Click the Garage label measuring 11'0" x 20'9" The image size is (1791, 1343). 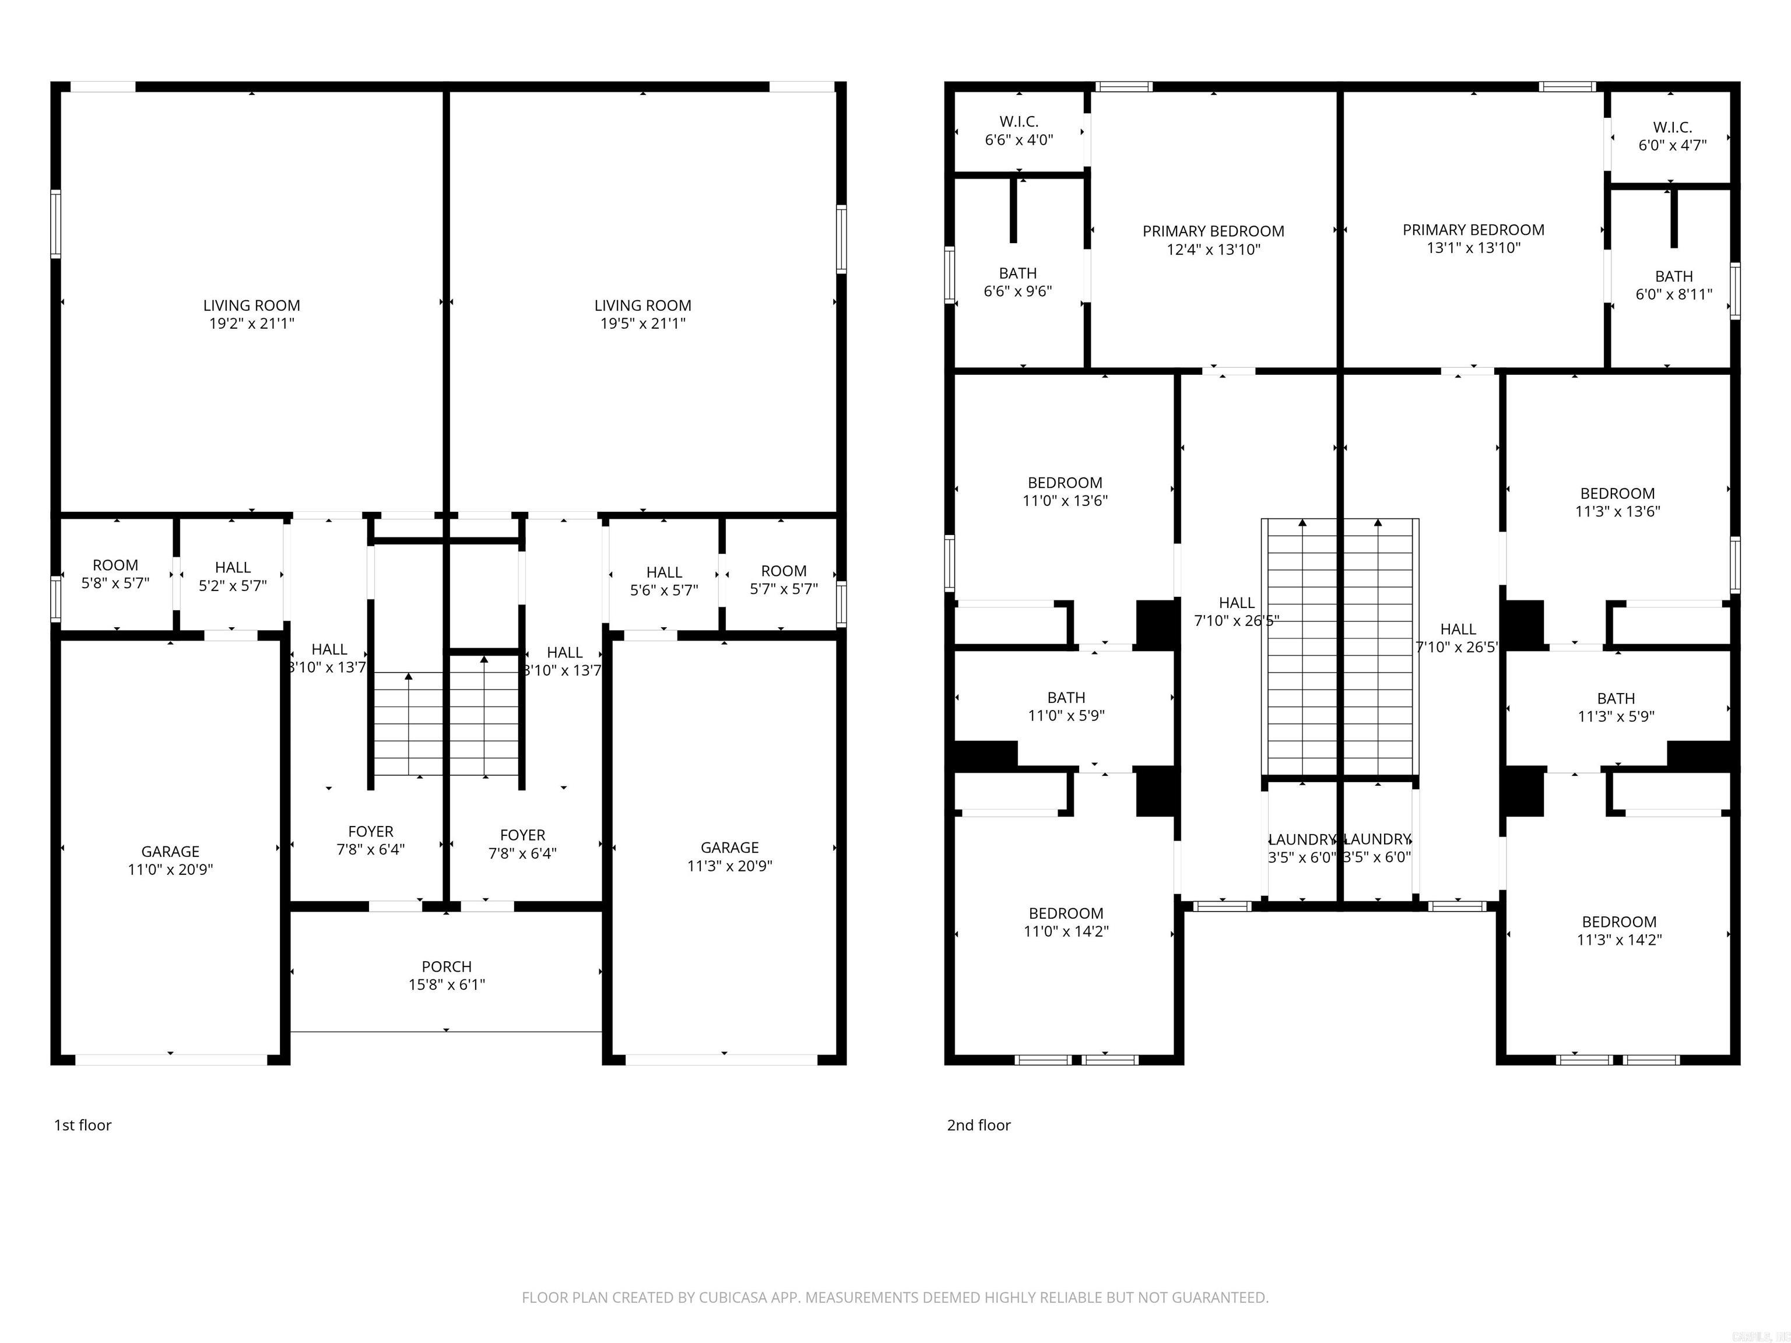[x=170, y=860]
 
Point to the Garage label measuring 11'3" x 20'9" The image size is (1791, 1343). [x=729, y=856]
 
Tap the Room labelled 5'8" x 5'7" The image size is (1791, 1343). [x=115, y=574]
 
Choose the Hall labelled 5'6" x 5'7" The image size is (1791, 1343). [x=664, y=581]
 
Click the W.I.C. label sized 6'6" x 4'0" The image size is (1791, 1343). [x=1019, y=131]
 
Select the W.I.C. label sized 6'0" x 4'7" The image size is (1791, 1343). [x=1672, y=136]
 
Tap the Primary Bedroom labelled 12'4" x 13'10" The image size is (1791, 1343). [x=1213, y=240]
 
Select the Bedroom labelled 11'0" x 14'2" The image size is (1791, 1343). [x=1066, y=922]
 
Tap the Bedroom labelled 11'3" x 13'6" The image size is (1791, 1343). [x=1617, y=502]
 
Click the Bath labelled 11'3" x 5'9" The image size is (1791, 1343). [x=1616, y=706]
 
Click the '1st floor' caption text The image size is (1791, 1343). [x=83, y=1125]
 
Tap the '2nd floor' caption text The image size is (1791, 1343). [x=978, y=1125]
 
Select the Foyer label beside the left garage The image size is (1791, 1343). [x=370, y=841]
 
